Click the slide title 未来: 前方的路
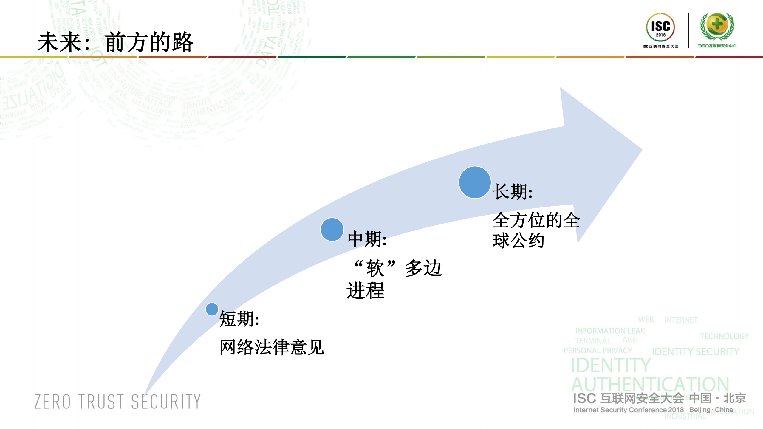(115, 42)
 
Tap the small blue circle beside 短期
(212, 309)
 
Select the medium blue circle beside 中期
(332, 230)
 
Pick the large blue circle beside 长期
(475, 182)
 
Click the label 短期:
(239, 319)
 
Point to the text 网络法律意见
(272, 347)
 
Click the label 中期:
(367, 239)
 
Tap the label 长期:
(512, 191)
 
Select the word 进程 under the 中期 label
(366, 291)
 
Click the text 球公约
(518, 241)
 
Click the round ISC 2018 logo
(660, 27)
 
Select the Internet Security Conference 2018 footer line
(628, 410)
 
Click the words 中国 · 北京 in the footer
(717, 398)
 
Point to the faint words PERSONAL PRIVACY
(598, 351)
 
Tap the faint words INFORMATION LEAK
(610, 331)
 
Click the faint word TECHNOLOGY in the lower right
(724, 336)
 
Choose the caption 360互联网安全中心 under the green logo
(717, 46)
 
